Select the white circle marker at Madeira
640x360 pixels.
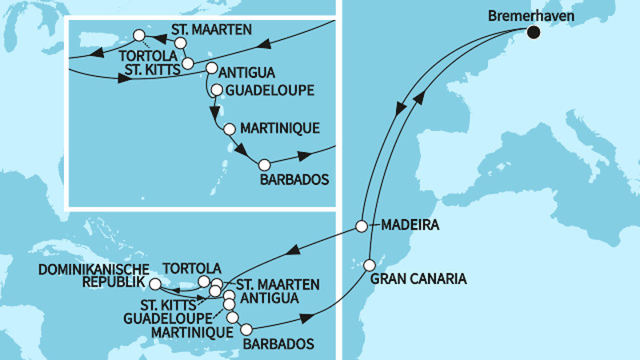[x=362, y=226]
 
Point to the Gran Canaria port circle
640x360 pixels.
[x=370, y=264]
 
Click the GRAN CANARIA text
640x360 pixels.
[x=418, y=280]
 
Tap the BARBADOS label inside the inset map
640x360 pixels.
[x=294, y=180]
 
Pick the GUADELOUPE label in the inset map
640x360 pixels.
[x=270, y=90]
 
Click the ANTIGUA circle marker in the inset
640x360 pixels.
[x=212, y=69]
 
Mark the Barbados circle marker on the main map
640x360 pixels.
[x=246, y=329]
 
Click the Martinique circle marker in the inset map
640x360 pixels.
[x=230, y=129]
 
